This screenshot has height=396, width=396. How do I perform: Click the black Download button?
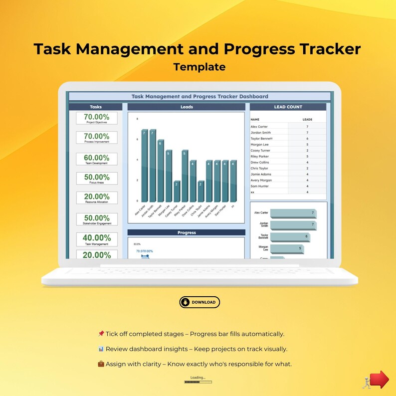pos(199,302)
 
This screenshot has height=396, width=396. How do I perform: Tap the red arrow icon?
pos(379,380)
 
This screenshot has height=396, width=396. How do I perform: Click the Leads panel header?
pos(187,107)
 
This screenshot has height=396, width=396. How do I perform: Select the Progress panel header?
pos(187,232)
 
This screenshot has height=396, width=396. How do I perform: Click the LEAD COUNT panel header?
pos(288,107)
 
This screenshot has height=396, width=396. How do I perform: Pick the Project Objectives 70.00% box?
pos(97,118)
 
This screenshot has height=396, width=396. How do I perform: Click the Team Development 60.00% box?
pos(97,159)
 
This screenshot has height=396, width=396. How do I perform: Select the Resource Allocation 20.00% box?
pos(97,198)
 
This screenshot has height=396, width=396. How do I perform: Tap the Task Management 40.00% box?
pos(97,239)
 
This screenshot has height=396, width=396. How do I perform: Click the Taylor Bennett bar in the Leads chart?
pos(161,172)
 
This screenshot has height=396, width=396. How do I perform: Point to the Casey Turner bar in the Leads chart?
pos(177,192)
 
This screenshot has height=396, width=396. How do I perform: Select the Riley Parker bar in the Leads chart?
pos(185,177)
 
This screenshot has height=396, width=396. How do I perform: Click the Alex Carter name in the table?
pos(259,127)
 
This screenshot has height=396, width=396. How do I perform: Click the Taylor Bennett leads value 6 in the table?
pos(308,139)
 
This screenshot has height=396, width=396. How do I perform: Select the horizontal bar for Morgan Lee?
pos(286,249)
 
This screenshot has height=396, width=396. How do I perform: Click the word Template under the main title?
pos(199,67)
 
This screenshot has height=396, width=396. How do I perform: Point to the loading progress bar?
pos(198,382)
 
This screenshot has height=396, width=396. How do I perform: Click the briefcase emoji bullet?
pos(101,364)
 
